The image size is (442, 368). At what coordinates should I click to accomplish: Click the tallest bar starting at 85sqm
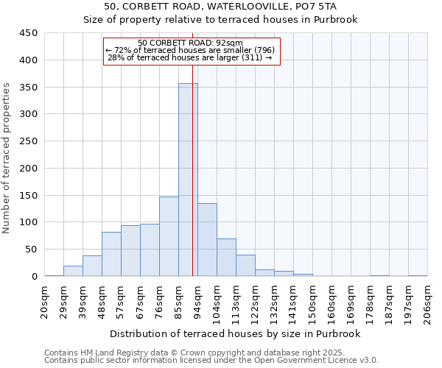(188, 180)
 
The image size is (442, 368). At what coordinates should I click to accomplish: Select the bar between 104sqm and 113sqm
(226, 258)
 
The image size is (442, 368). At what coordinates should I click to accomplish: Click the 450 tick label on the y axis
(28, 33)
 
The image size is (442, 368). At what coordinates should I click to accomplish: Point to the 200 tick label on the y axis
(28, 169)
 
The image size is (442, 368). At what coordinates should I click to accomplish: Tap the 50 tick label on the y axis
(30, 250)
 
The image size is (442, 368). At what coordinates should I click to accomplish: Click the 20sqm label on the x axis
(44, 300)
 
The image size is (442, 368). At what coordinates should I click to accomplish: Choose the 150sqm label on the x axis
(312, 300)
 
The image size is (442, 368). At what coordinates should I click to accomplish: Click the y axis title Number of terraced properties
(7, 158)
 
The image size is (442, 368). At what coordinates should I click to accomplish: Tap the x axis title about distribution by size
(235, 333)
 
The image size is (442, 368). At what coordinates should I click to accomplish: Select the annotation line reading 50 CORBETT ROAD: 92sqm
(191, 43)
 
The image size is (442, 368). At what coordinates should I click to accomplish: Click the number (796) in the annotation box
(264, 50)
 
